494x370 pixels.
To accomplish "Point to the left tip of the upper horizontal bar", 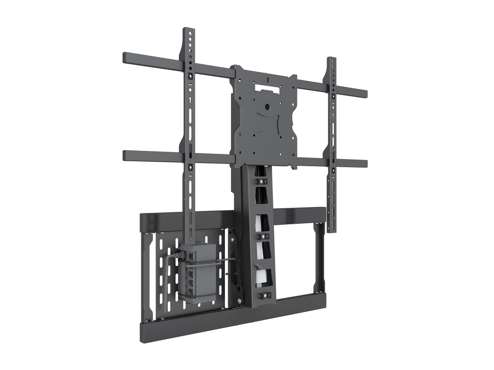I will point(125,58).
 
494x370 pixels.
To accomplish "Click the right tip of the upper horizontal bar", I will point(365,94).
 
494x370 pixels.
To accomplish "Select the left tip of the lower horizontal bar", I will point(125,155).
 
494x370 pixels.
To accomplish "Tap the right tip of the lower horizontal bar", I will point(365,164).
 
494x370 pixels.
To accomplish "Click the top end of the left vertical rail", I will point(189,30).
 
